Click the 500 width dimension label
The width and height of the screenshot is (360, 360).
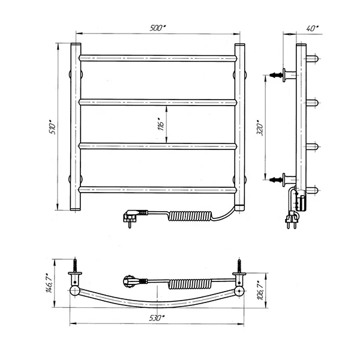[158, 28]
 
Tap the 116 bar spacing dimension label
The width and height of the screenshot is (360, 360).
[161, 124]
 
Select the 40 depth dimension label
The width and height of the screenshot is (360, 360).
[313, 28]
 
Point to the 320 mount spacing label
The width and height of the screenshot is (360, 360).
[260, 127]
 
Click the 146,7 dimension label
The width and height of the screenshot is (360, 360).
[50, 283]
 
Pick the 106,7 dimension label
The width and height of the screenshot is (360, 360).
[260, 290]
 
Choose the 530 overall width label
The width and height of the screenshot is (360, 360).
[157, 318]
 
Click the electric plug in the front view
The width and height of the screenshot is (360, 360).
[131, 217]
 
